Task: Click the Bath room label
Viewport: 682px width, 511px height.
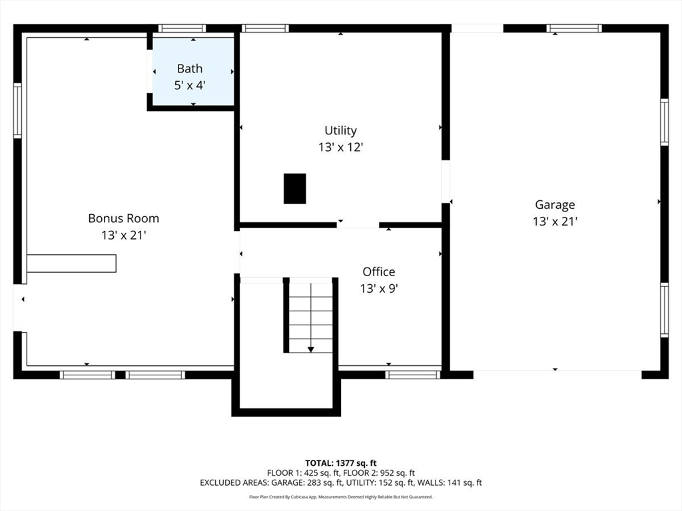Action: click(x=190, y=69)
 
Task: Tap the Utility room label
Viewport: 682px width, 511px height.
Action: click(x=340, y=130)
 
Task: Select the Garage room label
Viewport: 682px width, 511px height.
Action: click(x=555, y=205)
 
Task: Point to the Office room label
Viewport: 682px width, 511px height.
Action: click(x=379, y=272)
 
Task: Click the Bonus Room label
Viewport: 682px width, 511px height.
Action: click(x=123, y=218)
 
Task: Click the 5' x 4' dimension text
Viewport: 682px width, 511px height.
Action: click(x=190, y=85)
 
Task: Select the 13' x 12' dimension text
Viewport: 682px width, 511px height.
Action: click(x=340, y=147)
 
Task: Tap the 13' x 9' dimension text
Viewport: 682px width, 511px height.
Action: click(x=379, y=289)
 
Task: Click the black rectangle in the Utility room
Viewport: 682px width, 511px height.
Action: click(x=295, y=188)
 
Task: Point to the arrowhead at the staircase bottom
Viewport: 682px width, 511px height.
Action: click(x=311, y=349)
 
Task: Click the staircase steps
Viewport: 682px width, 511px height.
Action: click(x=311, y=317)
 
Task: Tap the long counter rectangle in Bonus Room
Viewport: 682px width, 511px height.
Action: click(x=71, y=263)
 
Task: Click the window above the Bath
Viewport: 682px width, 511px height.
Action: click(x=182, y=29)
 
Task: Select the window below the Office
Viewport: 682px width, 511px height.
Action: click(x=413, y=375)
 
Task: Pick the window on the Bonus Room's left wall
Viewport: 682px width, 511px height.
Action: click(x=17, y=110)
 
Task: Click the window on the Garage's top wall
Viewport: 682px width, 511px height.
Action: click(x=574, y=29)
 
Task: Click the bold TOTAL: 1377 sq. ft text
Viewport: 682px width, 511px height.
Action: click(x=340, y=463)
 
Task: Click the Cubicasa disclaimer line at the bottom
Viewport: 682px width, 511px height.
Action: click(x=340, y=496)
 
